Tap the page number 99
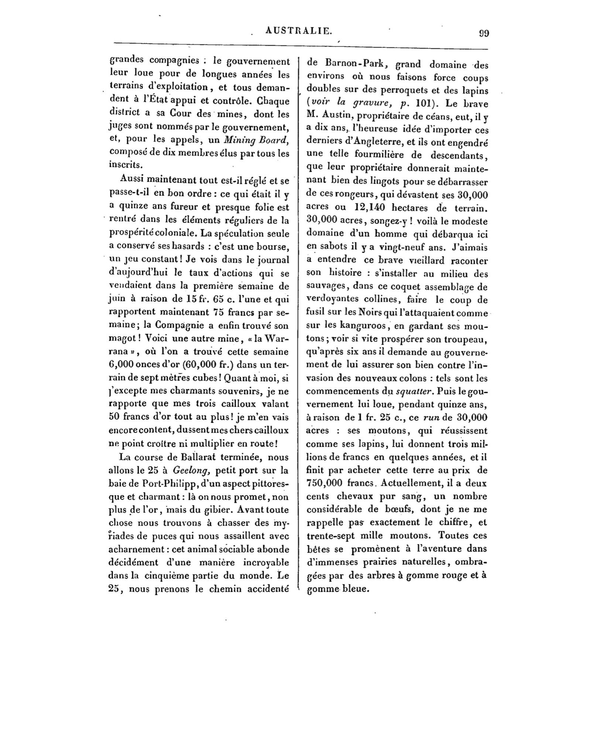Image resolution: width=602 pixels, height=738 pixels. pos(484,33)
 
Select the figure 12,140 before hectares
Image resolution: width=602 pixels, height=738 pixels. pos(361,208)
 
